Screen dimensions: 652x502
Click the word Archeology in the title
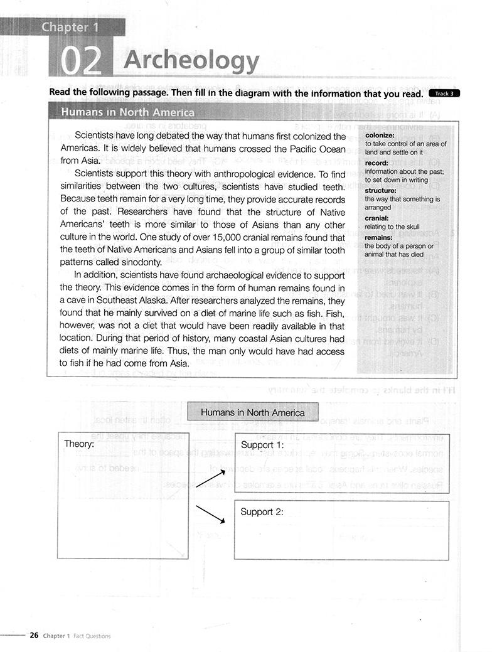pyautogui.click(x=191, y=61)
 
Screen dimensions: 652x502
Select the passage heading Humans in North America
pyautogui.click(x=127, y=112)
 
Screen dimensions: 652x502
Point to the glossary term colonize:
pyautogui.click(x=379, y=135)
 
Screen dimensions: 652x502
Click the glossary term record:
pyautogui.click(x=376, y=163)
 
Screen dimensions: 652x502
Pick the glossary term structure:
pyautogui.click(x=380, y=190)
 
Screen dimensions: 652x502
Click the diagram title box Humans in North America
pyautogui.click(x=253, y=412)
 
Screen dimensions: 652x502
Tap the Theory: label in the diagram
pyautogui.click(x=79, y=444)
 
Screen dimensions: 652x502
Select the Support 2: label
pyautogui.click(x=262, y=511)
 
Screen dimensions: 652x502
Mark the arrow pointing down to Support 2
pyautogui.click(x=211, y=514)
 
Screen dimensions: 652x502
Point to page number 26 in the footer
pyautogui.click(x=34, y=635)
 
